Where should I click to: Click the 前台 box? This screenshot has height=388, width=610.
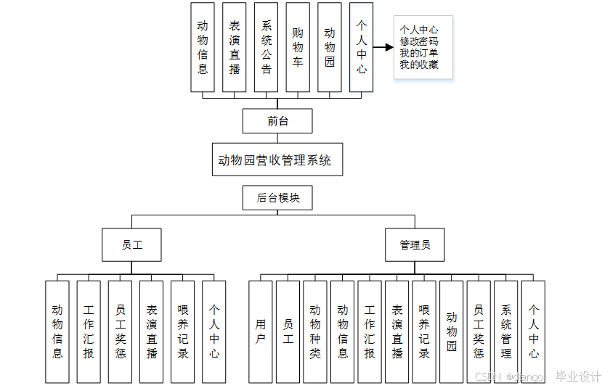pyautogui.click(x=277, y=121)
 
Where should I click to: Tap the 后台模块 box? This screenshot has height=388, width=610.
pyautogui.click(x=278, y=198)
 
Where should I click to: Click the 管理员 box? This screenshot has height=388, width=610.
pyautogui.click(x=415, y=245)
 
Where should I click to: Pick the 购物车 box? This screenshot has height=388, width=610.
pyautogui.click(x=298, y=47)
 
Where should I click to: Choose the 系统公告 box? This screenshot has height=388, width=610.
pyautogui.click(x=267, y=47)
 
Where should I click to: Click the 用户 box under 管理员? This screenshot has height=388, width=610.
pyautogui.click(x=261, y=331)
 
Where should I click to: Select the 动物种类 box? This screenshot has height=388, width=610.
pyautogui.click(x=315, y=331)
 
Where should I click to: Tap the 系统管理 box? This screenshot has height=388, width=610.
pyautogui.click(x=506, y=331)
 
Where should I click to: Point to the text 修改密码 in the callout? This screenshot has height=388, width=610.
pyautogui.click(x=418, y=41)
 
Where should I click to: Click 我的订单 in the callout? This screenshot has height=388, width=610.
pyautogui.click(x=418, y=53)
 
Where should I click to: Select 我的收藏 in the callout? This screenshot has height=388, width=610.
pyautogui.click(x=418, y=65)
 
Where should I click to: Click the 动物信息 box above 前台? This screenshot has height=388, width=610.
pyautogui.click(x=203, y=47)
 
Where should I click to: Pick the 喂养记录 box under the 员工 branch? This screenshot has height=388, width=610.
pyautogui.click(x=183, y=331)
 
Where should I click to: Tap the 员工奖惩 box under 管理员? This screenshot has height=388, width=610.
pyautogui.click(x=479, y=331)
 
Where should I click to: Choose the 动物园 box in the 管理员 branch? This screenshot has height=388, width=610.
pyautogui.click(x=452, y=331)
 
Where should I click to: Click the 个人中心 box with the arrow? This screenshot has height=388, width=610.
pyautogui.click(x=361, y=47)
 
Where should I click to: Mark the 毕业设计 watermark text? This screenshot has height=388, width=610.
pyautogui.click(x=578, y=377)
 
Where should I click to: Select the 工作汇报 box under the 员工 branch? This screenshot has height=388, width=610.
pyautogui.click(x=89, y=331)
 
